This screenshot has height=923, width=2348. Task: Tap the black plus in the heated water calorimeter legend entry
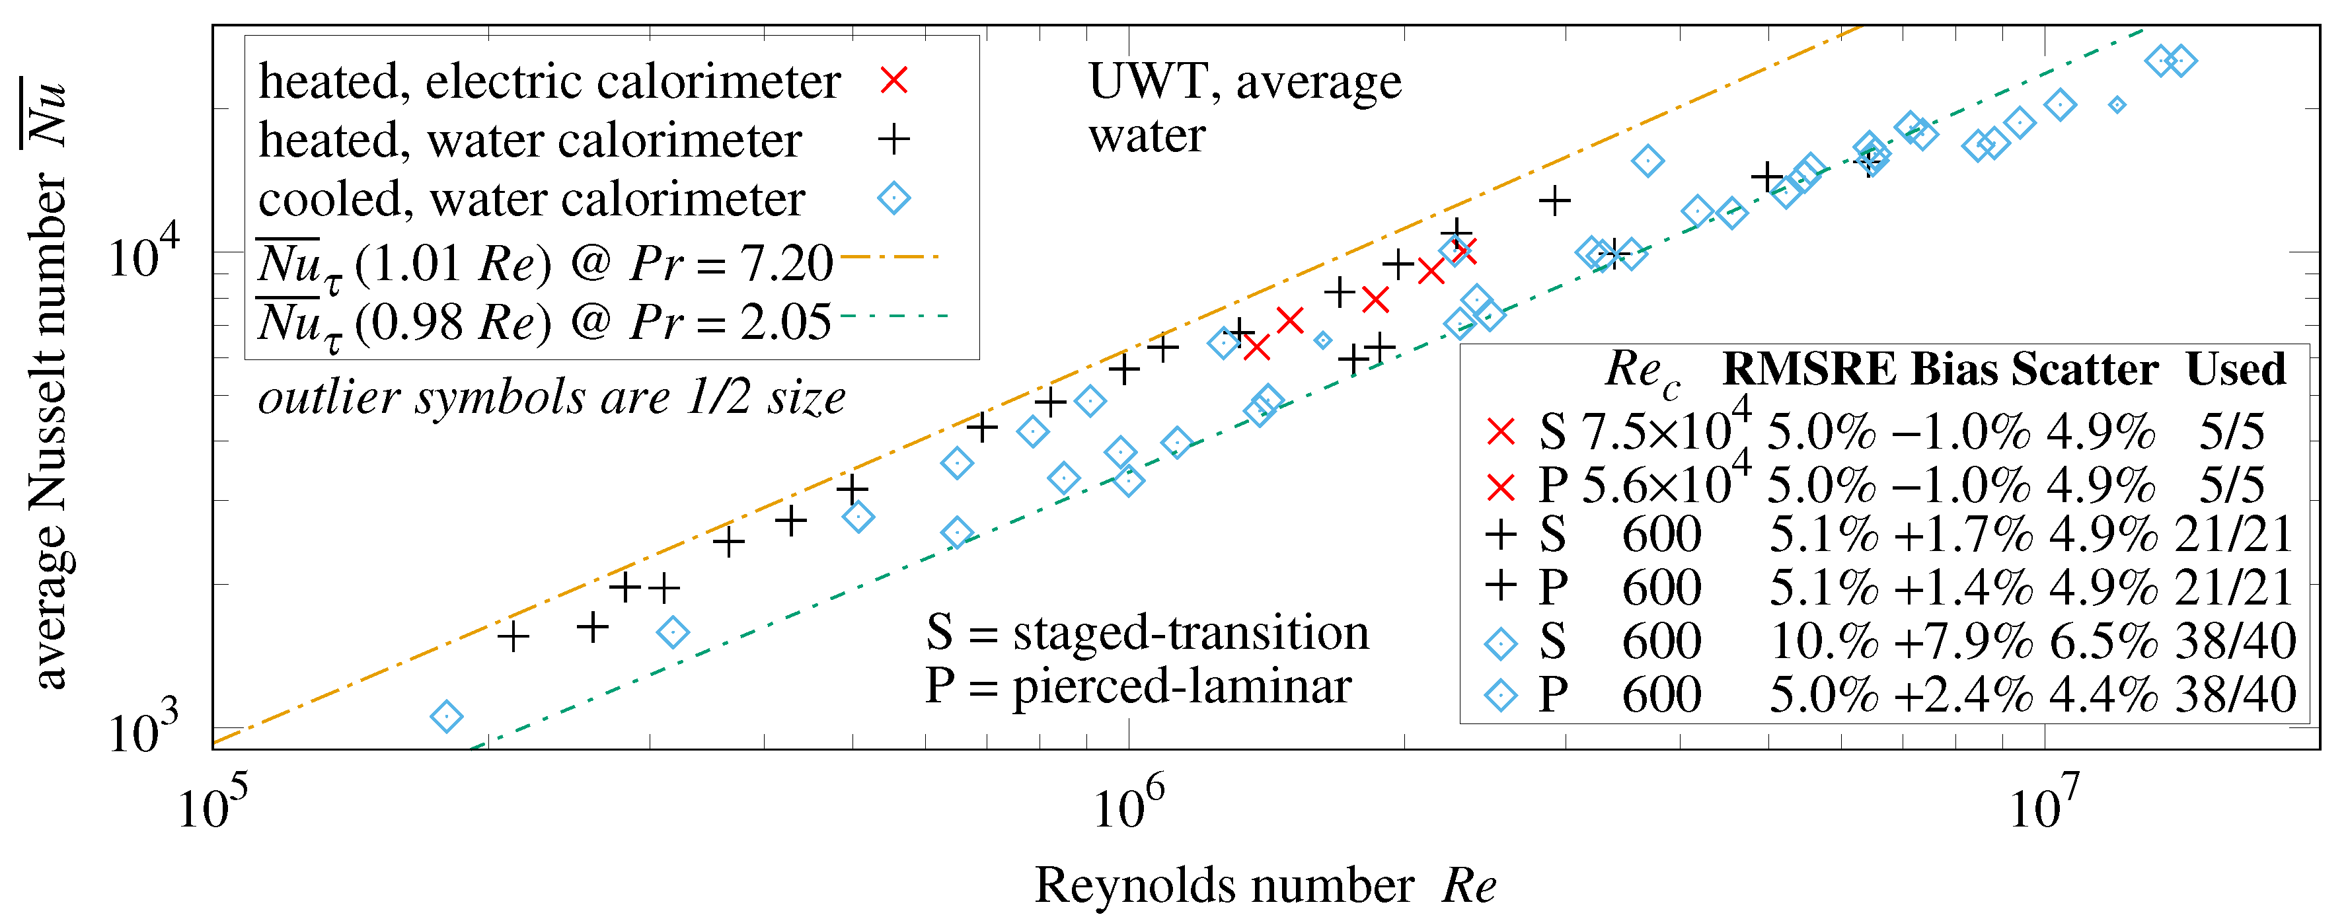[894, 139]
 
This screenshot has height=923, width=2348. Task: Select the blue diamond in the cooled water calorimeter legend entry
[894, 198]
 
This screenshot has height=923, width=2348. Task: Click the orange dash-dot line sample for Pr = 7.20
[890, 257]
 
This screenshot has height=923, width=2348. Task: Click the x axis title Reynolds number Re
[1265, 885]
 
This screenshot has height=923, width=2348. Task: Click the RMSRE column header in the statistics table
[1809, 369]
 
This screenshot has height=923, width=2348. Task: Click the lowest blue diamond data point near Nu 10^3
[445, 717]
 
